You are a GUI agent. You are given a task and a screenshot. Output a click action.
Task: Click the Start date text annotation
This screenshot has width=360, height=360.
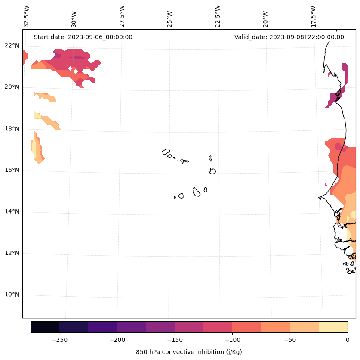(83, 37)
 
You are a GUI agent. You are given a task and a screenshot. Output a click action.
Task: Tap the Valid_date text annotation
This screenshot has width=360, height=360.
(289, 37)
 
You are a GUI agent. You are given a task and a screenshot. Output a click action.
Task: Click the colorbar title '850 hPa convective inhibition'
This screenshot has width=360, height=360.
(189, 352)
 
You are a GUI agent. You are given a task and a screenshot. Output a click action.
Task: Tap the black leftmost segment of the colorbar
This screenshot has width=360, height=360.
(45, 327)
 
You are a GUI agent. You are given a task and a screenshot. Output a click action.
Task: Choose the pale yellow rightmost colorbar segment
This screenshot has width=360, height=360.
(333, 327)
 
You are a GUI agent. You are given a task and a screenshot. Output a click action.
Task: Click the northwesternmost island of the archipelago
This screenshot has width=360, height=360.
(166, 152)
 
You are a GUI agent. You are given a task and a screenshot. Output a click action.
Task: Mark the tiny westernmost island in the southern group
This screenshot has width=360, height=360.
(175, 197)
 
